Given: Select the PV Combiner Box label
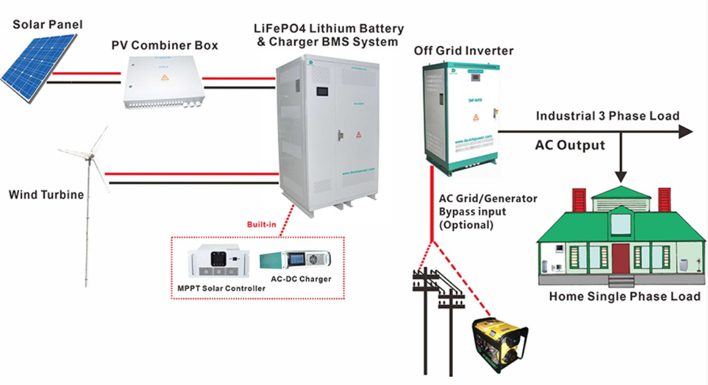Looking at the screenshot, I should pyautogui.click(x=165, y=46).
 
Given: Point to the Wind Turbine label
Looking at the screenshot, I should pyautogui.click(x=45, y=195).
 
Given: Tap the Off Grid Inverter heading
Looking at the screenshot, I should pyautogui.click(x=463, y=50).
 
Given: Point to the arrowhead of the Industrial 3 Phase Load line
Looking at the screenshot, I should pyautogui.click(x=685, y=131).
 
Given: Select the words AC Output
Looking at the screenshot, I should pyautogui.click(x=570, y=146).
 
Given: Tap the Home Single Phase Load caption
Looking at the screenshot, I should pyautogui.click(x=624, y=296).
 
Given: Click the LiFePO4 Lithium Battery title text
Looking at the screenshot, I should pyautogui.click(x=329, y=29).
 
